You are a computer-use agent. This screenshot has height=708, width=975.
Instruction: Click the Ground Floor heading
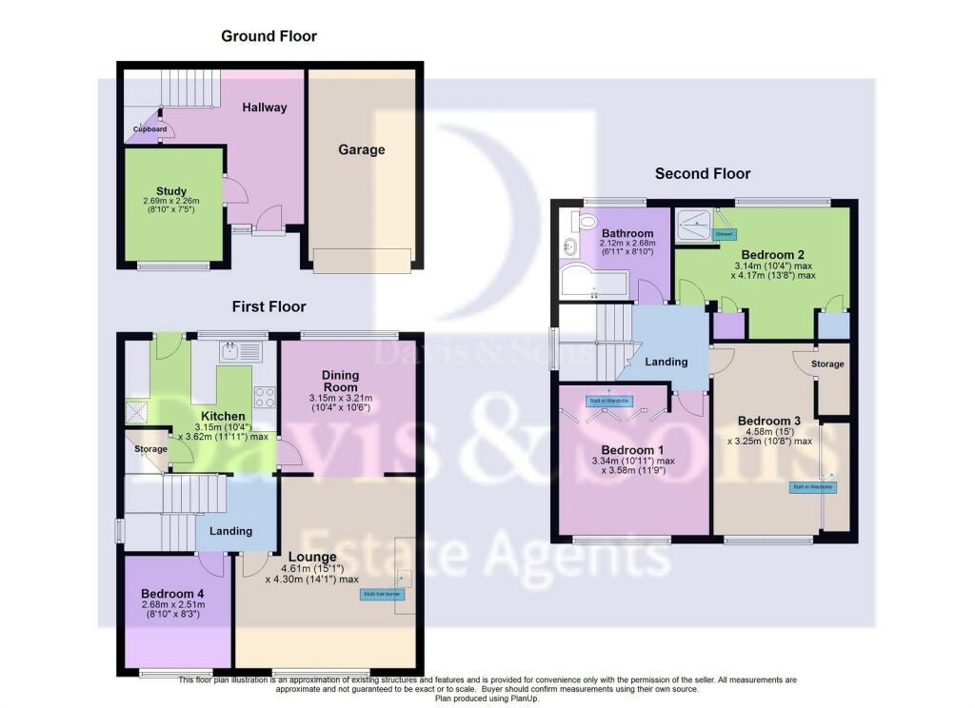pos(269,36)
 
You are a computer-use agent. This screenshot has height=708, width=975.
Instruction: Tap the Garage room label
pos(362,149)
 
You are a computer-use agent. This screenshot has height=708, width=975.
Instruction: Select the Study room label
pos(171,190)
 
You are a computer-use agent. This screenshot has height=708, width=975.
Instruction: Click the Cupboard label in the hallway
pos(149,129)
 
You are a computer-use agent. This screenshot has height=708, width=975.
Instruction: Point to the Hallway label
pos(264,108)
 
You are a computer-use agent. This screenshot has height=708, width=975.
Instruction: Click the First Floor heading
pos(269,306)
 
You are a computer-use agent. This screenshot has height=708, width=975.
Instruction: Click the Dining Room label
pos(340,381)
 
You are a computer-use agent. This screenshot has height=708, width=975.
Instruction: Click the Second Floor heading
pos(703,173)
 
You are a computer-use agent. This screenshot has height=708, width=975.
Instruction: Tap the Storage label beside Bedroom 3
pos(828,364)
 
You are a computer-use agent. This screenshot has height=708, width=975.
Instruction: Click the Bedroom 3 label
pos(763,421)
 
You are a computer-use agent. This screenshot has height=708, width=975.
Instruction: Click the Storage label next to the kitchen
pos(150,448)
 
